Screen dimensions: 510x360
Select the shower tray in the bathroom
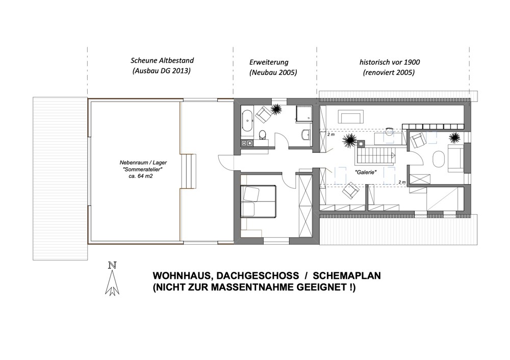tap(303, 114)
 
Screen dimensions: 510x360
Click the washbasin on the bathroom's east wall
tap(306, 134)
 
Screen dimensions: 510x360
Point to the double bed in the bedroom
tap(258, 201)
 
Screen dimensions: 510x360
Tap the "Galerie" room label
tap(366, 172)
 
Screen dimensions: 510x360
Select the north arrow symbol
tap(112, 279)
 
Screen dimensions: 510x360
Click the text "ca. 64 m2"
tap(141, 176)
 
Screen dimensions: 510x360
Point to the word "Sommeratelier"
tap(143, 169)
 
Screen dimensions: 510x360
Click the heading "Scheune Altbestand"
tap(162, 61)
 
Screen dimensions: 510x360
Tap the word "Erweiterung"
tap(269, 62)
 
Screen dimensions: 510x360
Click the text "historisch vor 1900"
tap(389, 62)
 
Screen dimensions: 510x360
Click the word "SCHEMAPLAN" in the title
tap(347, 276)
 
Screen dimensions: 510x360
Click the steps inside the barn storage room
tap(189, 171)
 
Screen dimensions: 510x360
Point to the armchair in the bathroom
tap(264, 114)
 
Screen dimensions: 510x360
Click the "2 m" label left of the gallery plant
tap(331, 134)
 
